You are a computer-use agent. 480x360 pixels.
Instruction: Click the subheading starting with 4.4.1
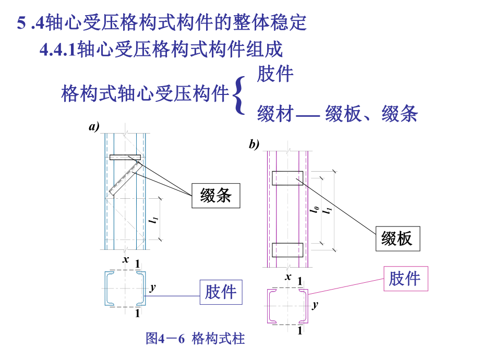click(161, 50)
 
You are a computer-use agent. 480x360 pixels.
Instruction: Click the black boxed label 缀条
click(216, 197)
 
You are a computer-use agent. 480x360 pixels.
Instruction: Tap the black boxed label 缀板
click(397, 238)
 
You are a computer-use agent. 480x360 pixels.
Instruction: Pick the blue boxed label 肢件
click(221, 292)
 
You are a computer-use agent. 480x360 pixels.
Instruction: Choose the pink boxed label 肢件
click(405, 279)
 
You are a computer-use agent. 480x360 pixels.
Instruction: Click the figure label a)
click(94, 126)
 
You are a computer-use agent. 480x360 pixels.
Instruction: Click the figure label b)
click(254, 145)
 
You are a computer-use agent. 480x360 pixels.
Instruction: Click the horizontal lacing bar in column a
click(125, 157)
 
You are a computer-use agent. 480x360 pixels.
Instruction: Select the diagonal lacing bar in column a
click(124, 178)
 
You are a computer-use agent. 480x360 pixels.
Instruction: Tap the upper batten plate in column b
click(287, 178)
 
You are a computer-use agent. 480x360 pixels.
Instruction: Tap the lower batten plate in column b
click(287, 250)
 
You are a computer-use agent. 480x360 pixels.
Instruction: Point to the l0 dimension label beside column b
click(315, 209)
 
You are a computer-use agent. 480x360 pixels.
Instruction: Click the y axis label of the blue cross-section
click(152, 287)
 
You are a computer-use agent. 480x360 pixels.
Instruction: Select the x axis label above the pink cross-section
click(287, 277)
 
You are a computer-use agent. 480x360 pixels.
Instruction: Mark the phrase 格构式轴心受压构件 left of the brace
click(145, 94)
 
